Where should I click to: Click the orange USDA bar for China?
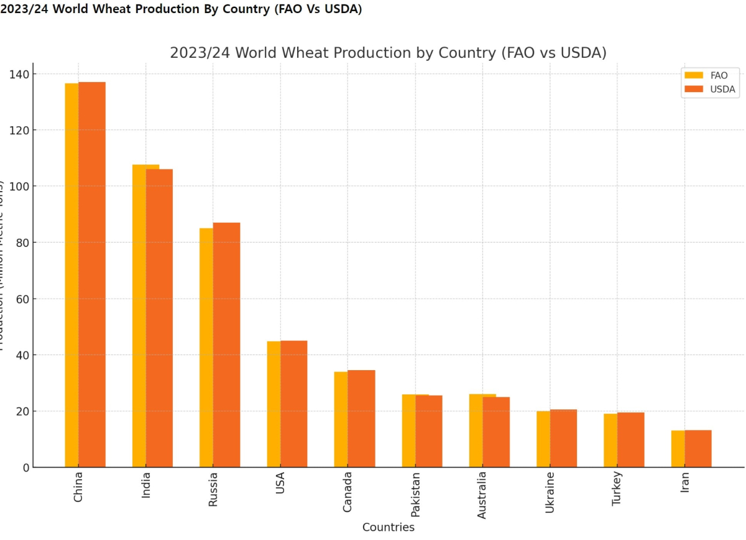(92, 274)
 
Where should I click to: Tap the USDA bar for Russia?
(227, 345)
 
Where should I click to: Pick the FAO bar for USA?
(274, 404)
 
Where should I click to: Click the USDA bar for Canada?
(361, 419)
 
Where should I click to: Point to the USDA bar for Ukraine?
(563, 438)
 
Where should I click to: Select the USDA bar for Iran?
(698, 449)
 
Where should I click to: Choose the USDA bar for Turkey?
(631, 440)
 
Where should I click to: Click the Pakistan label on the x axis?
(415, 495)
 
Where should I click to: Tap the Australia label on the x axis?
(482, 495)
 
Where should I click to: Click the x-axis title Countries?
(389, 528)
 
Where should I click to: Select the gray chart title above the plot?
(388, 53)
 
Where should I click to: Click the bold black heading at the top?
(181, 9)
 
